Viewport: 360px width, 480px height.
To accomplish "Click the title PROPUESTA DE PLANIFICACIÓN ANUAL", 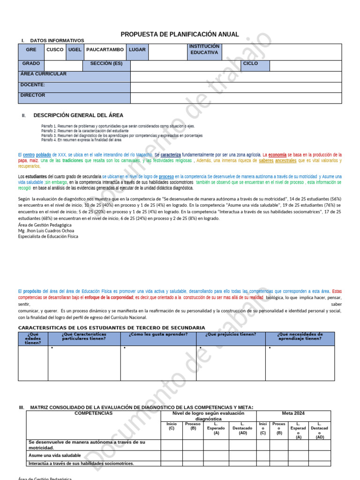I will (180, 34).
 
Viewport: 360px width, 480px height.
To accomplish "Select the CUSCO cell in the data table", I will (55, 50).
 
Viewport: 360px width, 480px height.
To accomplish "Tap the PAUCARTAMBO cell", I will (105, 50).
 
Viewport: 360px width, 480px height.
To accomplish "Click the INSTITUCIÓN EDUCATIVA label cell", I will (204, 50).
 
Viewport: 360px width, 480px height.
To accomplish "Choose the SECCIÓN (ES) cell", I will (106, 63).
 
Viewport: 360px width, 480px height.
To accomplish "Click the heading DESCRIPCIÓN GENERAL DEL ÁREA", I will (78, 115).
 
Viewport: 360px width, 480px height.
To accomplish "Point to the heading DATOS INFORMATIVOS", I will (57, 41).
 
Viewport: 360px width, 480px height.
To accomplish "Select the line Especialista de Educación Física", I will (48, 237).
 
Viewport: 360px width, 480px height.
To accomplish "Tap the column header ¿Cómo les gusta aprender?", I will (158, 335).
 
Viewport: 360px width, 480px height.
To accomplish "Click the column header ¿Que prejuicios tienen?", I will (231, 335).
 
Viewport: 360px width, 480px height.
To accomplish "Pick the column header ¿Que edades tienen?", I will (33, 338).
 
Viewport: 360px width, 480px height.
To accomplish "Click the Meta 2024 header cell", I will (293, 413).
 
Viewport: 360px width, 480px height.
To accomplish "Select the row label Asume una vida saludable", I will (55, 455).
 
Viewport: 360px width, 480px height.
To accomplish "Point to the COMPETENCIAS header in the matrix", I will (93, 413).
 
